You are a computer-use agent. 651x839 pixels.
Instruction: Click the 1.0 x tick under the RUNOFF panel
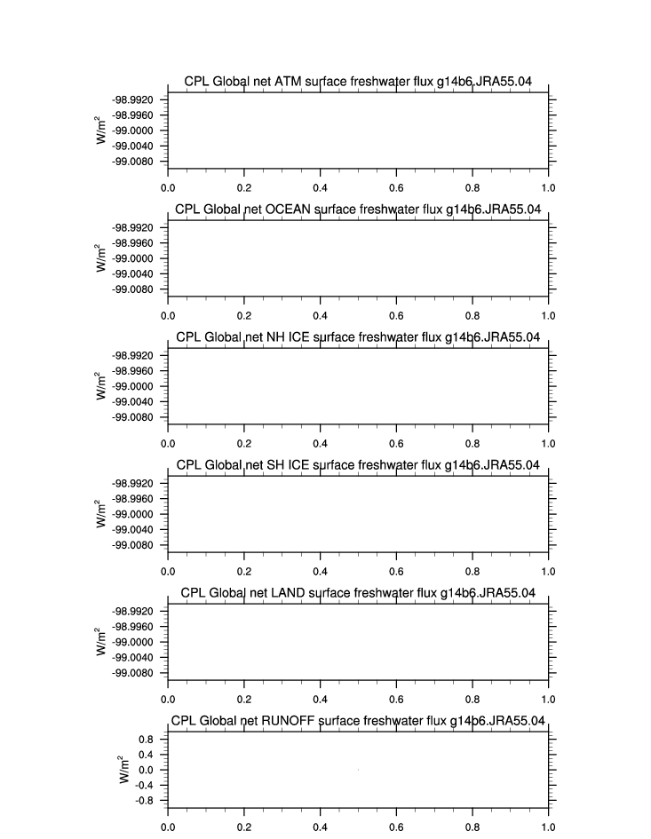548,826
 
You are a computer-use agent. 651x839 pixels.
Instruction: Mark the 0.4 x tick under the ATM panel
320,187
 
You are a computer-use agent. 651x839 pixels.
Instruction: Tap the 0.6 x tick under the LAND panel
396,699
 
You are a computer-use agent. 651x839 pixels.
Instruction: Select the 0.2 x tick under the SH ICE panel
244,571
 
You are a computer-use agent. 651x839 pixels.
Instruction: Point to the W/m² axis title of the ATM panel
103,129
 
